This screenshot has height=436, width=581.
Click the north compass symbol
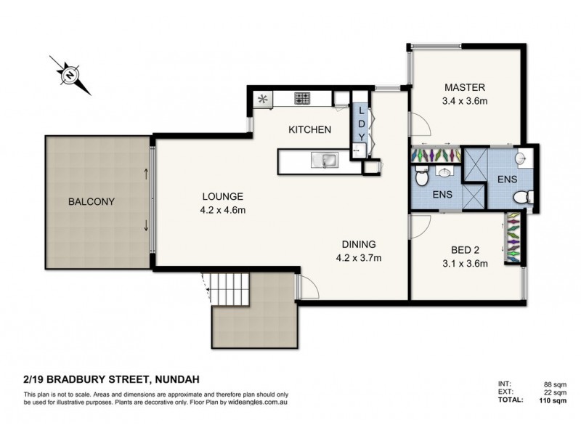point(70,75)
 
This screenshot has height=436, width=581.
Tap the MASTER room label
point(465,87)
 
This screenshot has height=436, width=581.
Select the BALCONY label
point(92,202)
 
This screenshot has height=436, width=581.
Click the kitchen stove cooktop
point(302,98)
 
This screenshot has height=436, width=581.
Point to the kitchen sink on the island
point(325,160)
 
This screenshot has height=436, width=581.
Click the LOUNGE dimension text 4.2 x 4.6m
point(223,210)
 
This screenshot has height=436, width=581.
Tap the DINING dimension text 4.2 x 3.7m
point(359,258)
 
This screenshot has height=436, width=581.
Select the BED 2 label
point(465,250)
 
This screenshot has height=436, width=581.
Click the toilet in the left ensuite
point(421,176)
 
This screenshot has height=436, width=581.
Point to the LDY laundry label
point(362,124)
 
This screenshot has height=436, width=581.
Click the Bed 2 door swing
point(420,227)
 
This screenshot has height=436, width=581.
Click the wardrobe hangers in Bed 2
point(512,238)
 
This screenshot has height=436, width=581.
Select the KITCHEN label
point(310,130)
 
